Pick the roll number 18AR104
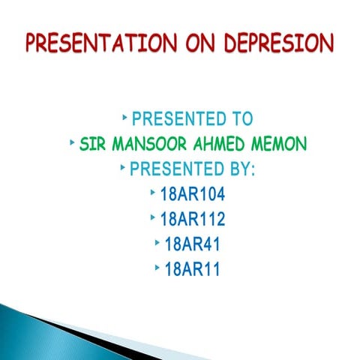pos(193,194)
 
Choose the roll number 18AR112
pos(193,220)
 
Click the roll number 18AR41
pos(192,244)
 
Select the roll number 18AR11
pos(192,270)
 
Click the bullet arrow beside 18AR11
pos(157,268)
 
